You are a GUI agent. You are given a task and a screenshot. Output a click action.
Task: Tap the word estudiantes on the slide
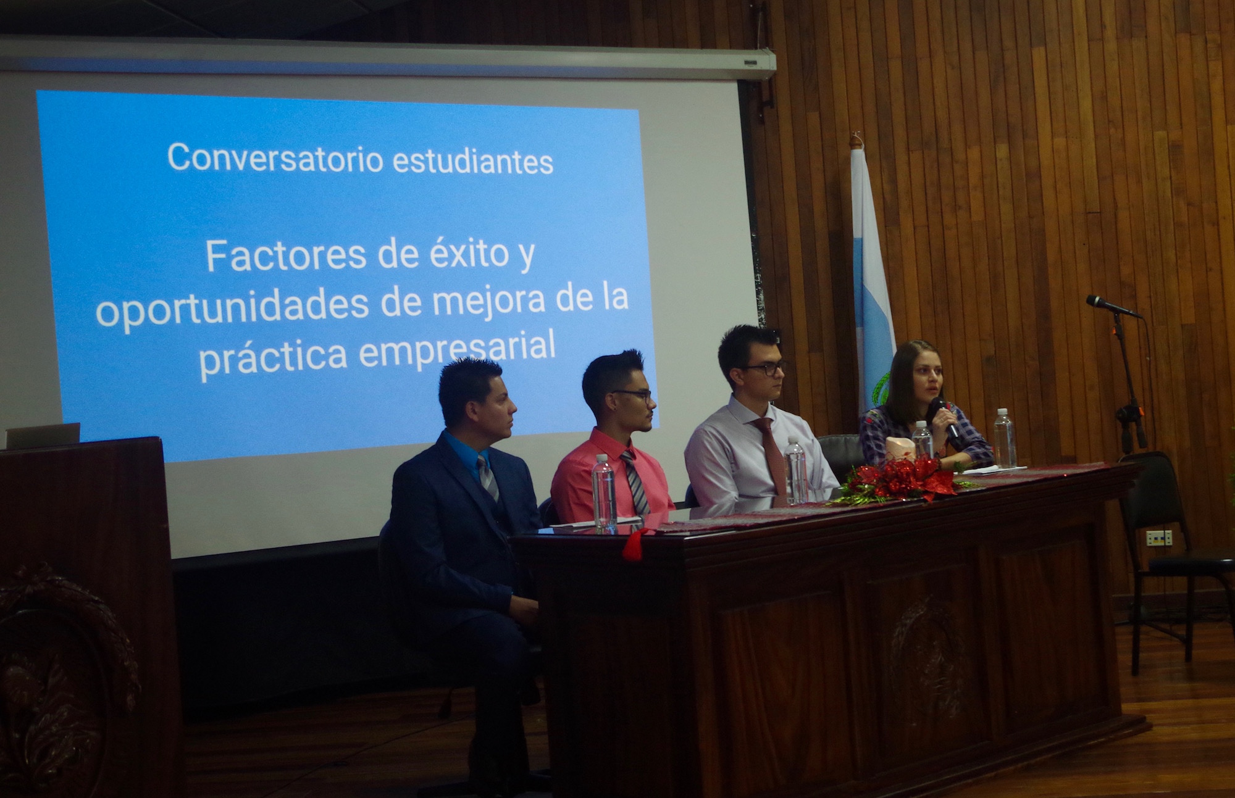(473, 160)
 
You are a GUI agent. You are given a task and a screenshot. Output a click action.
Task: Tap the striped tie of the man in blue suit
(488, 477)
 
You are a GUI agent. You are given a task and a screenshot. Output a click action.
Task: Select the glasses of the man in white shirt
(764, 368)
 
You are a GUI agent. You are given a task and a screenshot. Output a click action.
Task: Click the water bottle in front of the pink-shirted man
(604, 494)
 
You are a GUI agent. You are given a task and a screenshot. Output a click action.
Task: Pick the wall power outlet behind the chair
(1159, 538)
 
